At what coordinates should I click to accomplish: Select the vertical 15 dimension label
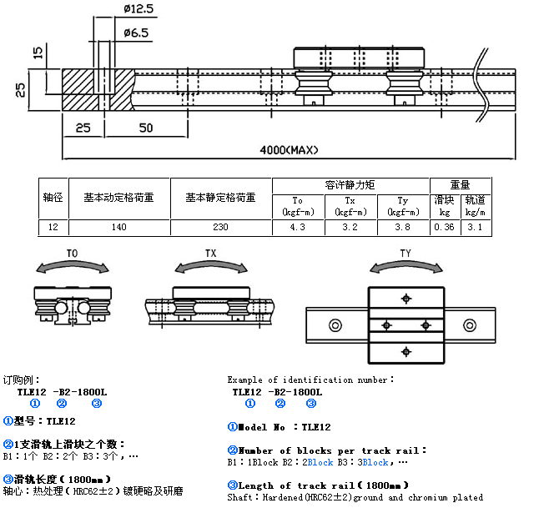[x=37, y=53]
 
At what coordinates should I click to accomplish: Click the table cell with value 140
[x=118, y=226]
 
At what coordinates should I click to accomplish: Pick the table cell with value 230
[x=220, y=226]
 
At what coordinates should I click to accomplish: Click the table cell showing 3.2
[x=350, y=226]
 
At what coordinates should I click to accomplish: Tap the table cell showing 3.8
[x=403, y=226]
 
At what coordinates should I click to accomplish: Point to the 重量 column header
[x=460, y=184]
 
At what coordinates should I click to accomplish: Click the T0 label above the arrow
[x=72, y=252]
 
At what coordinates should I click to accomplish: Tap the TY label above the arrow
[x=406, y=252]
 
